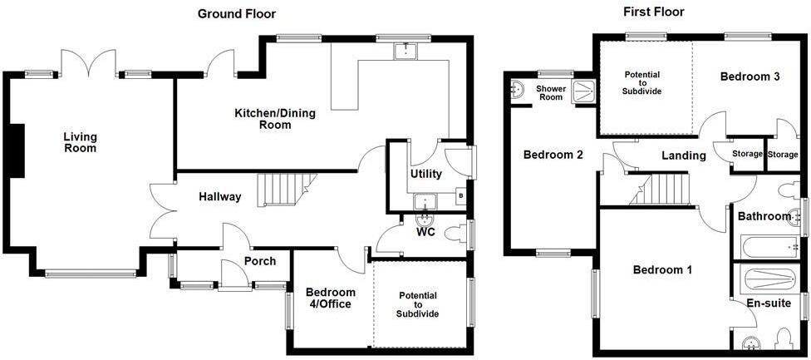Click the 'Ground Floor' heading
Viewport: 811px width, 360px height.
coord(237,14)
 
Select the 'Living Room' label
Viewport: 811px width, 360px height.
coord(80,142)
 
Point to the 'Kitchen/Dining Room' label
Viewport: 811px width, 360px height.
coord(268,118)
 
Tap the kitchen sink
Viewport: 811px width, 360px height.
coord(407,50)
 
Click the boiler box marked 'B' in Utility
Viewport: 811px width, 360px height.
coord(460,196)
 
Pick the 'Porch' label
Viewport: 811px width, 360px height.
coord(260,261)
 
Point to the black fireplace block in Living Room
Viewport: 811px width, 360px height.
coord(17,151)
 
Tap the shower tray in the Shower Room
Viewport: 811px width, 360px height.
coord(583,92)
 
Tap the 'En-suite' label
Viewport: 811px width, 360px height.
coord(769,303)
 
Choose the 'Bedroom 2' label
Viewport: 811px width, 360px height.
coord(553,154)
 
